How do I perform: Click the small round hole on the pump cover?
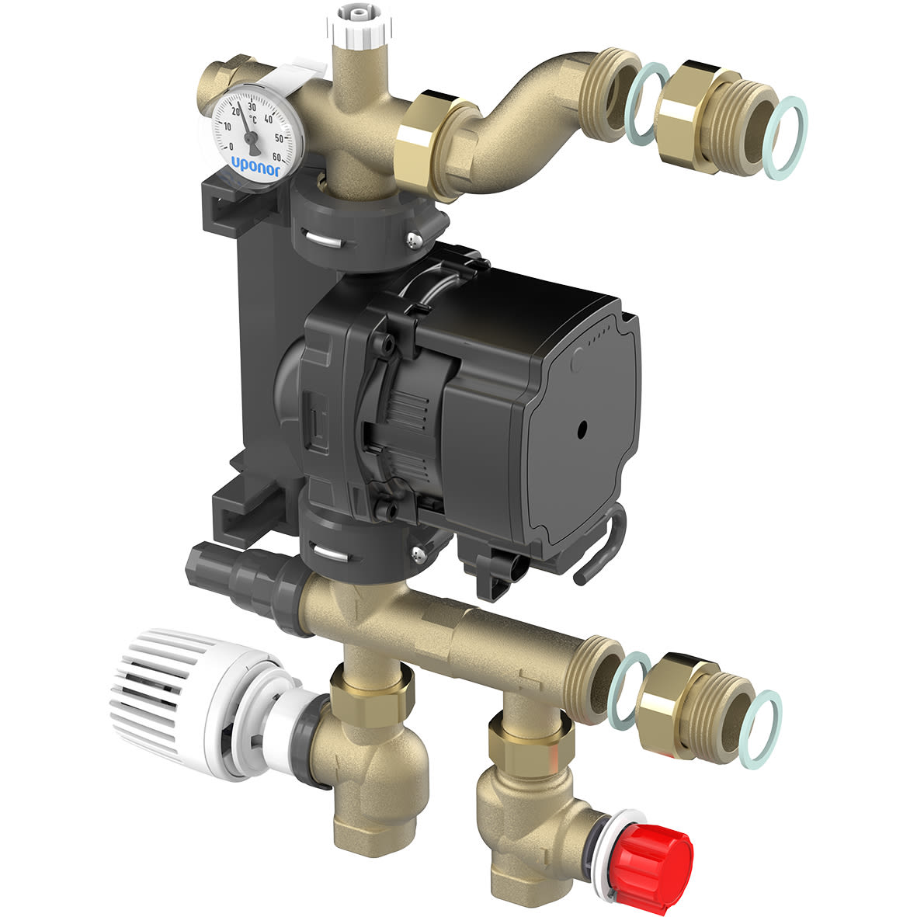point(582,428)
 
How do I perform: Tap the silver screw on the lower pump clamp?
point(418,554)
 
